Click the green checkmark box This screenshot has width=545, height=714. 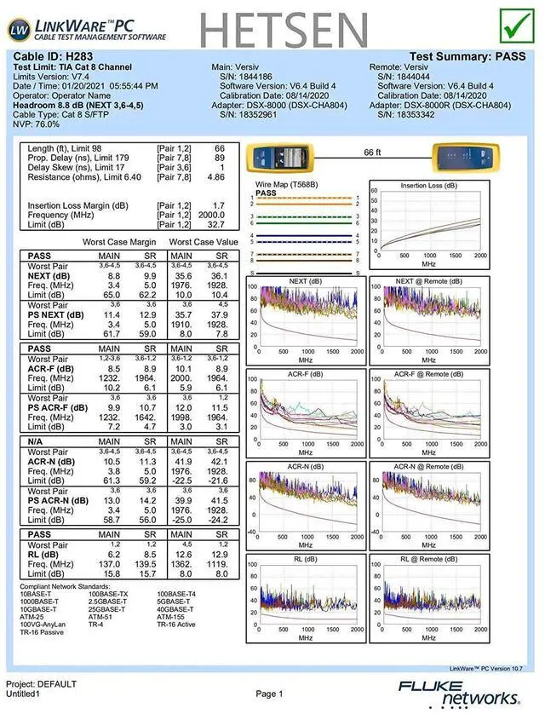(515, 26)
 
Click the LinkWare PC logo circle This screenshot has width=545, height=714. (19, 29)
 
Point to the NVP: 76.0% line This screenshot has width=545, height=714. (37, 124)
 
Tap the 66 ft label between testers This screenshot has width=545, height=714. (373, 152)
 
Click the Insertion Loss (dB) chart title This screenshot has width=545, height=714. (432, 185)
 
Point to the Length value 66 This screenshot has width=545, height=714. (219, 148)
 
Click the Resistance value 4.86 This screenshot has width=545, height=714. (216, 177)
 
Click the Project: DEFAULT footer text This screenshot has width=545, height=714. (41, 684)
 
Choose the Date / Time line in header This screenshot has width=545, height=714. (85, 86)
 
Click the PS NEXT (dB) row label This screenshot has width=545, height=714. (56, 314)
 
